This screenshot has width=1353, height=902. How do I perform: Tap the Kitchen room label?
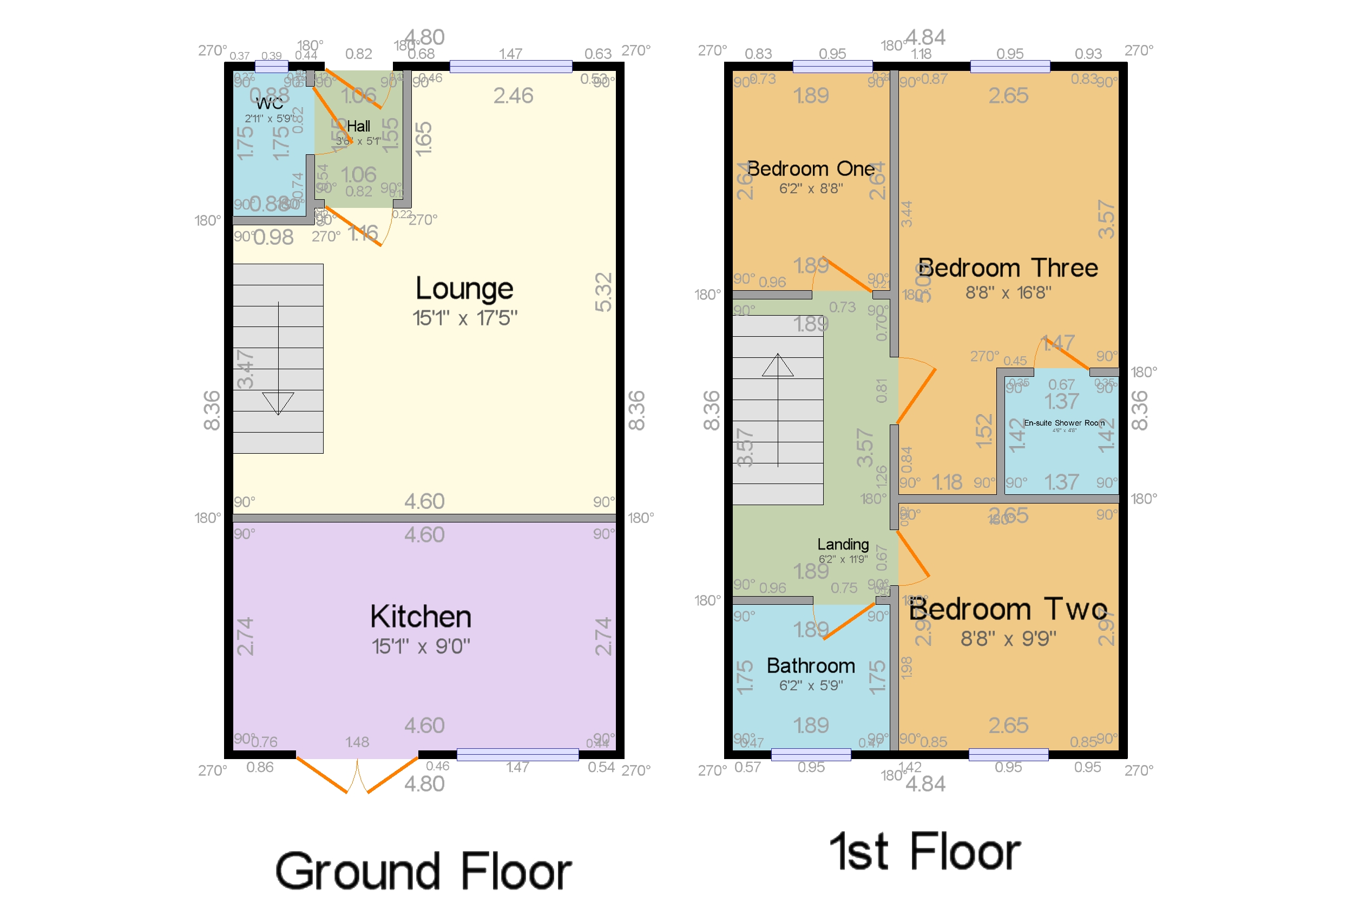421,617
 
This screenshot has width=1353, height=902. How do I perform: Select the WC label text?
269,103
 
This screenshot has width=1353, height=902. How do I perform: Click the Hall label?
358,126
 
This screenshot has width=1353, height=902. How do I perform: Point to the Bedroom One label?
810,169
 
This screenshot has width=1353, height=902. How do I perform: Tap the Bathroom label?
810,666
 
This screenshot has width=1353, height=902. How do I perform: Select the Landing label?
843,544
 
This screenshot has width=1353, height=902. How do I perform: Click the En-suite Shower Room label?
1063,423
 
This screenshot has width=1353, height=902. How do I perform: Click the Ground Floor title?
423,872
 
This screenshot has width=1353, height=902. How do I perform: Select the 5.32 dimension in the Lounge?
603,292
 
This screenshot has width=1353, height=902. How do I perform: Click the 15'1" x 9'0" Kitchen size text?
421,646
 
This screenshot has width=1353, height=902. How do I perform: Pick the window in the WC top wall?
271,67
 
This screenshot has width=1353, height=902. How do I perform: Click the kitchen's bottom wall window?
517,754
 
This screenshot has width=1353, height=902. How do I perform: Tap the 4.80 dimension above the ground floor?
424,38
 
